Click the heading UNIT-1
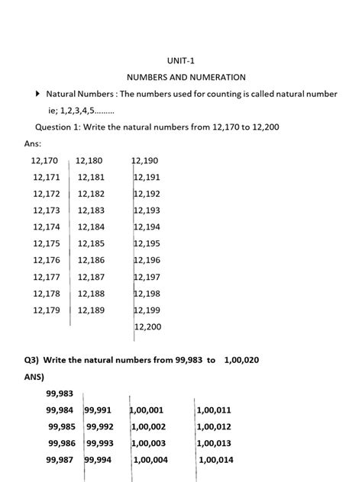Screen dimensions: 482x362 [x=180, y=59]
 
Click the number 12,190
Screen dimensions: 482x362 [x=145, y=161]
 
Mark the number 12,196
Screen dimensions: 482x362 [x=147, y=260]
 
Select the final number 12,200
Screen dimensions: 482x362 [x=147, y=326]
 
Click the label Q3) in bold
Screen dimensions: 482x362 [x=31, y=359]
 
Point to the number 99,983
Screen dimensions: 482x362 [x=60, y=393]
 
